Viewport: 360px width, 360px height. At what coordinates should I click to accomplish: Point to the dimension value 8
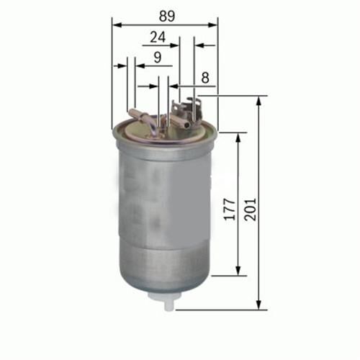click(205, 76)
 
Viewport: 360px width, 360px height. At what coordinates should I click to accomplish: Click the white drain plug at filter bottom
click(169, 302)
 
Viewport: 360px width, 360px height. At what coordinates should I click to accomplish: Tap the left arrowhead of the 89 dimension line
click(116, 24)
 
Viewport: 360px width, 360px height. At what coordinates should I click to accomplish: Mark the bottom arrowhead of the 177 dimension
click(238, 271)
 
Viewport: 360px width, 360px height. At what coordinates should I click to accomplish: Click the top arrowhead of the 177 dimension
click(238, 136)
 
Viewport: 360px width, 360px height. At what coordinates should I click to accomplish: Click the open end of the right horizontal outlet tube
click(189, 124)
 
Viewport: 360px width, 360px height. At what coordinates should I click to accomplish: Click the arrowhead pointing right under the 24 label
click(176, 45)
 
